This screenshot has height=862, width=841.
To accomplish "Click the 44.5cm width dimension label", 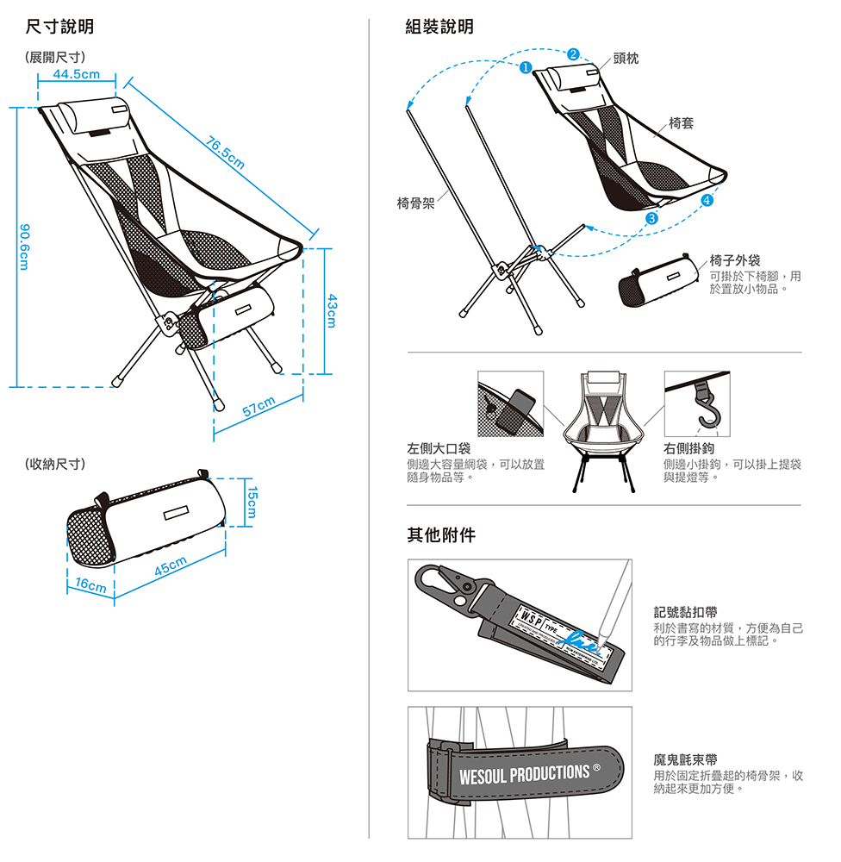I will pos(76,75).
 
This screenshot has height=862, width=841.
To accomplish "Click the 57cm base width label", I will pos(259,406).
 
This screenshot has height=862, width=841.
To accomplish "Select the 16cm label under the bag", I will pos(90,584).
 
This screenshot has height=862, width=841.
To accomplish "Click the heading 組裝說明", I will pos(439,28).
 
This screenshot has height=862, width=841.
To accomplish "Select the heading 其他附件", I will pos(440,535).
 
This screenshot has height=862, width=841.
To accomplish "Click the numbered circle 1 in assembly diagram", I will pos(524,67).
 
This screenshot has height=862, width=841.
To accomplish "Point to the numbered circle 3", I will pos(651,218).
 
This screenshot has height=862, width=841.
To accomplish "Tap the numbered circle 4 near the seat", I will pos(707,201).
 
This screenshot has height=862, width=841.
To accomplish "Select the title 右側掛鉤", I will pos(689,449).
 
